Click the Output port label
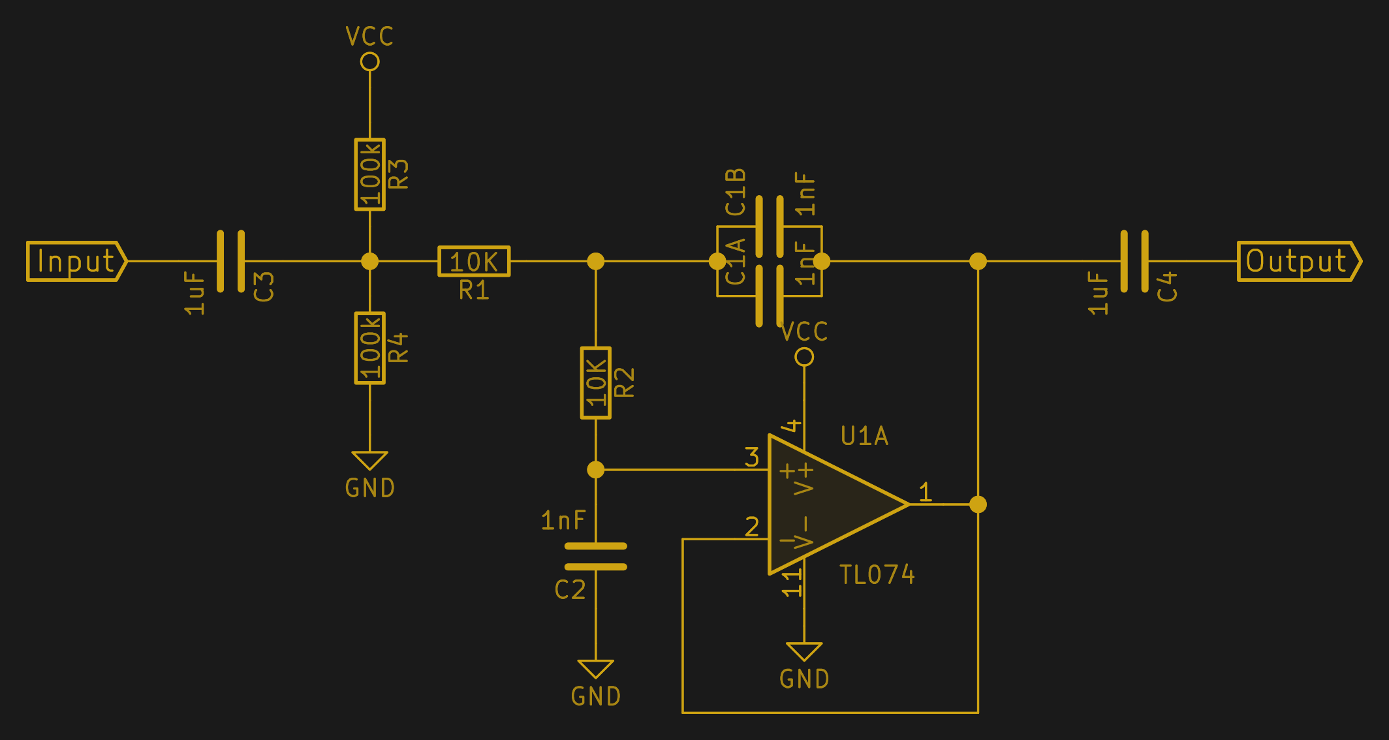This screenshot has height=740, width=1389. pos(1298,262)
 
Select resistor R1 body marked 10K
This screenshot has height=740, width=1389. pos(474,262)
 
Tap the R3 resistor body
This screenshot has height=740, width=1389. pos(370,174)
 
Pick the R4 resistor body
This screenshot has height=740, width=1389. pos(370,348)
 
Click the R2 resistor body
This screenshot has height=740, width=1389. pos(596,383)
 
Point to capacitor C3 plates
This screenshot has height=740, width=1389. pos(231,261)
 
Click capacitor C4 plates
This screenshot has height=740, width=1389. pos(1134,261)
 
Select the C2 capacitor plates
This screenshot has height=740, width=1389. pos(596,557)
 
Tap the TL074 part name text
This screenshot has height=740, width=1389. pos(877,575)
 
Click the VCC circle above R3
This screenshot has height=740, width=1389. pos(370,62)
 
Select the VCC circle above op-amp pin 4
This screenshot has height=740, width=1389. pos(804,357)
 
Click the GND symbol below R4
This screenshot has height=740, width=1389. pos(370,460)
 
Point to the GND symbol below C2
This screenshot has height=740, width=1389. pos(596,669)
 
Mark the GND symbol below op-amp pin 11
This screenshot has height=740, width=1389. pos(804,651)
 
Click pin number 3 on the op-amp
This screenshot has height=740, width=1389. pos(752,457)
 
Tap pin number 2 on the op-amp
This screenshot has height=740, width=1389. pos(752,527)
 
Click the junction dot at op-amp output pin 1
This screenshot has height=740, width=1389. pos(978,504)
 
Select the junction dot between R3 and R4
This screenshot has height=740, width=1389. pos(370,261)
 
